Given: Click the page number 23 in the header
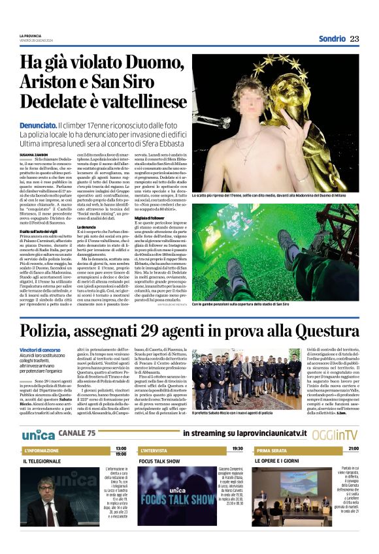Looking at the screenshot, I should point(355,38).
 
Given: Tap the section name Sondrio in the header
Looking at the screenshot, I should point(332,38).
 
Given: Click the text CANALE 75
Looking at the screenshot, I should point(76,434).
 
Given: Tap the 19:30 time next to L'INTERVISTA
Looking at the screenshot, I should point(237,449).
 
